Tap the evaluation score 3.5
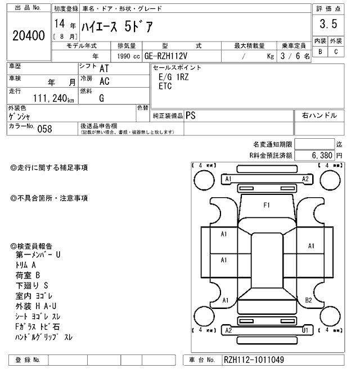point(328,24)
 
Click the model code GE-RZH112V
point(168,56)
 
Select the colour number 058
point(44,128)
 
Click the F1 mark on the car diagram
point(267,205)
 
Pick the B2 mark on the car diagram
point(309,300)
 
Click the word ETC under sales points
point(165,87)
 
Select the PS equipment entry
point(192,115)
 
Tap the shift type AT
point(104,69)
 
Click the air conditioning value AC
point(104,81)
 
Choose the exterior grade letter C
point(336,52)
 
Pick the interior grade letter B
point(320,52)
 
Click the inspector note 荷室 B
point(28,275)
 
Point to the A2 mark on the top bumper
point(305,179)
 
